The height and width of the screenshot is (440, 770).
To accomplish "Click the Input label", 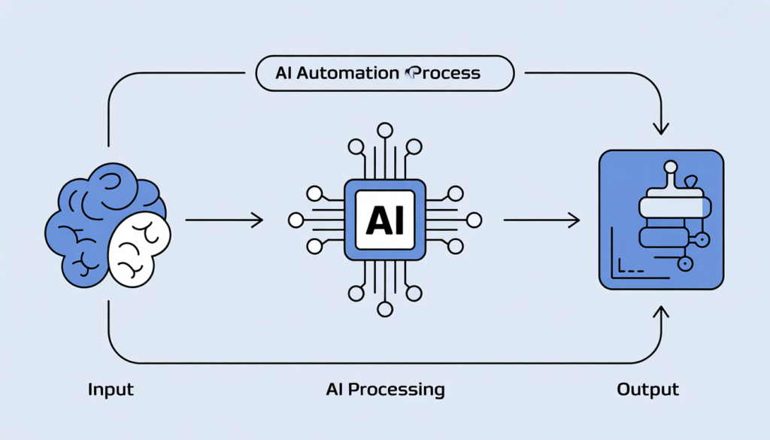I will tap(111, 390).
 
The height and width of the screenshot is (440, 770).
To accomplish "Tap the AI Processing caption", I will tap(385, 390).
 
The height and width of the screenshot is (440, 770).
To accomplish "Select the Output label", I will tap(647, 390).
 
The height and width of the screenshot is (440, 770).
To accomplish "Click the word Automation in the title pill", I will tap(347, 74).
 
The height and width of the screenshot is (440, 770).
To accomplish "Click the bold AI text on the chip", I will tap(385, 220).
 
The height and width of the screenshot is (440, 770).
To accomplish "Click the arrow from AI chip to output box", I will tap(541, 220).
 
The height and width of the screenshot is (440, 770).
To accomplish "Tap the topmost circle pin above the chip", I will tap(385, 130).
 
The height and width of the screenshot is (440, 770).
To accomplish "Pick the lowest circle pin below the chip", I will tap(385, 308).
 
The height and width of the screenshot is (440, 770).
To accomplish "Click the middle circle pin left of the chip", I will tap(296, 220).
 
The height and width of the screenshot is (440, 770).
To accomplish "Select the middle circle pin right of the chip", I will tap(474, 220).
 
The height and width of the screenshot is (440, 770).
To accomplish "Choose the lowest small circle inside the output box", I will tap(685, 264).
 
